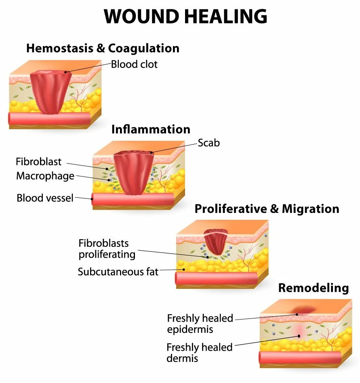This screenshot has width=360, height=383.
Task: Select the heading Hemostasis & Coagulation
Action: point(103,48)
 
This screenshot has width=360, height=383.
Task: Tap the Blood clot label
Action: point(134,64)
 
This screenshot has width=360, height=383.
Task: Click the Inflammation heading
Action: point(151,129)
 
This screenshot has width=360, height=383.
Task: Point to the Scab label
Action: point(208,143)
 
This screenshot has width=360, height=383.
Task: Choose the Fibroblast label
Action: point(38,162)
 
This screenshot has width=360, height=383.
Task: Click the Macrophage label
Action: point(45,176)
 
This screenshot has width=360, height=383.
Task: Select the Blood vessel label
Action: point(45,198)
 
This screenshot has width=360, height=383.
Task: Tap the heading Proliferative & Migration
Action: point(267,209)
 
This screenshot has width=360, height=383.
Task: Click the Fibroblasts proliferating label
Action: point(107,249)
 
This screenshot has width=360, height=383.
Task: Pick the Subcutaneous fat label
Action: point(118,272)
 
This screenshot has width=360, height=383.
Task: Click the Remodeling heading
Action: point(313,288)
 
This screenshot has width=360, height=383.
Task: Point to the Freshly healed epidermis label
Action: point(200,324)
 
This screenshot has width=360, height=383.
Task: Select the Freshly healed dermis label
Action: point(199,353)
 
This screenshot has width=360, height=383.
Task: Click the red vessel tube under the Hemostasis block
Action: point(48,118)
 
